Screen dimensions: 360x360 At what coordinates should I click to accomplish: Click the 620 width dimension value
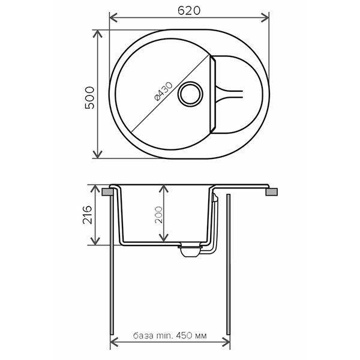tap(188, 10)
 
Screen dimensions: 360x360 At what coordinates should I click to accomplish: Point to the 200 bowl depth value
tap(159, 214)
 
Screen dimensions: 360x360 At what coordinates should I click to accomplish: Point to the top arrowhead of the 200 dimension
tap(163, 188)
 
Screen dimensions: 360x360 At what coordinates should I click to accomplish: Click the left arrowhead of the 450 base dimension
tap(115, 344)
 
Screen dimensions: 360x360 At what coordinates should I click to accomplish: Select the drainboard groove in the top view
tap(230, 93)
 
